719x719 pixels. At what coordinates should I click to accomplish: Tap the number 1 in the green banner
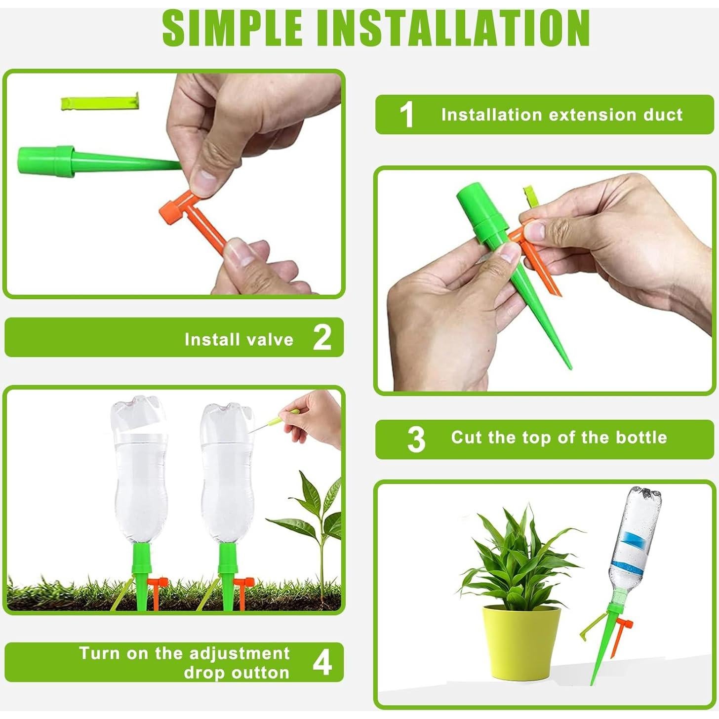tap(406, 115)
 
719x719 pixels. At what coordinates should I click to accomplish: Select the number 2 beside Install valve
tap(322, 337)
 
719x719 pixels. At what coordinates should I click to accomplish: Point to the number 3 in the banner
tap(416, 439)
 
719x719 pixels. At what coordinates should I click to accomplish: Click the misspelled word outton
tap(261, 673)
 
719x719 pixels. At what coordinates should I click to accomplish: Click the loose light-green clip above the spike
tap(100, 103)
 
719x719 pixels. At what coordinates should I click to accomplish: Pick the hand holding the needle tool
tap(316, 419)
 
